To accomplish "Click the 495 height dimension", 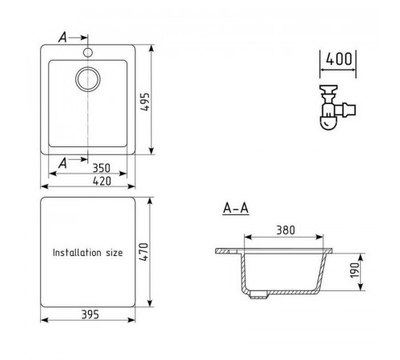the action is tap(146, 102).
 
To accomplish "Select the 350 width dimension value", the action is tap(102, 168).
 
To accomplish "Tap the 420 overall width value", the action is tap(102, 181).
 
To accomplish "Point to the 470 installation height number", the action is tap(144, 252).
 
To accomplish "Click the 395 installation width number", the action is tap(90, 314).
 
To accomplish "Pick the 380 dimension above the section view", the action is tap(286, 230).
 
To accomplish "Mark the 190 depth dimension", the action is tap(354, 270).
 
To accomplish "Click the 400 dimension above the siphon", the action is tap(339, 59).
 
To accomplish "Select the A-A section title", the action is tap(236, 208).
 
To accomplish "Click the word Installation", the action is tap(77, 253).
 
